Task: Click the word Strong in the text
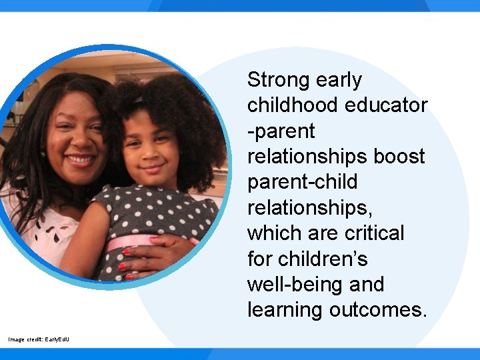tap(279, 81)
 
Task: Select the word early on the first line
tap(339, 81)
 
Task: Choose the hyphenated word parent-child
tap(302, 182)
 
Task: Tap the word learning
tap(285, 310)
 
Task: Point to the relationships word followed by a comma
tap(310, 208)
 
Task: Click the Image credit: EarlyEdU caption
tap(38, 340)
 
